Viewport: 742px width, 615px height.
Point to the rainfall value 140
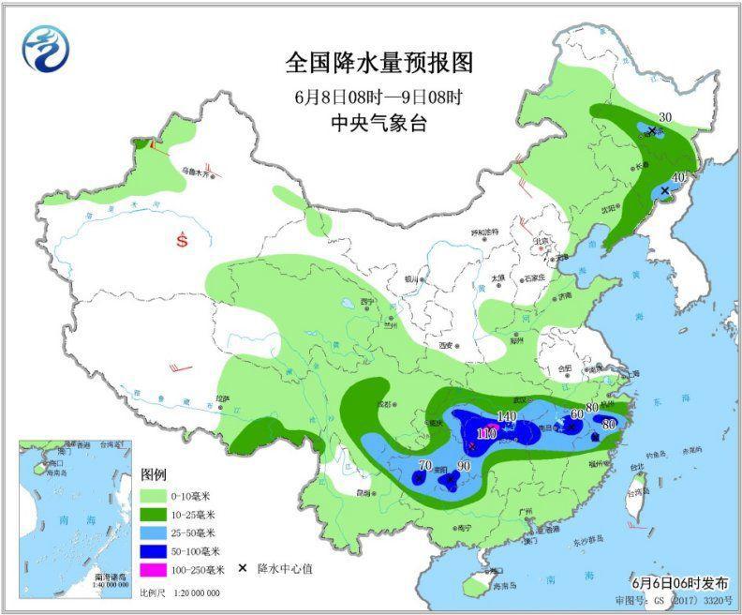coord(507,416)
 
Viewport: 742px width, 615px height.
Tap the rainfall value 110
coord(486,433)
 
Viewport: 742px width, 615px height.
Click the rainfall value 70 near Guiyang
coord(425,466)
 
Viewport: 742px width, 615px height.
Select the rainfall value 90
coord(463,467)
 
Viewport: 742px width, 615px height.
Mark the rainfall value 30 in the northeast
coord(666,116)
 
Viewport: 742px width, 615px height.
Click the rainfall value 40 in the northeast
coord(679,176)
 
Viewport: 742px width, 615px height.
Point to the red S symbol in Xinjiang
coord(183,241)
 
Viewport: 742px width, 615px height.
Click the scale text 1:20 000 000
coord(192,593)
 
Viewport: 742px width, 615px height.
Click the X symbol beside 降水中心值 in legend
coord(243,568)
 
